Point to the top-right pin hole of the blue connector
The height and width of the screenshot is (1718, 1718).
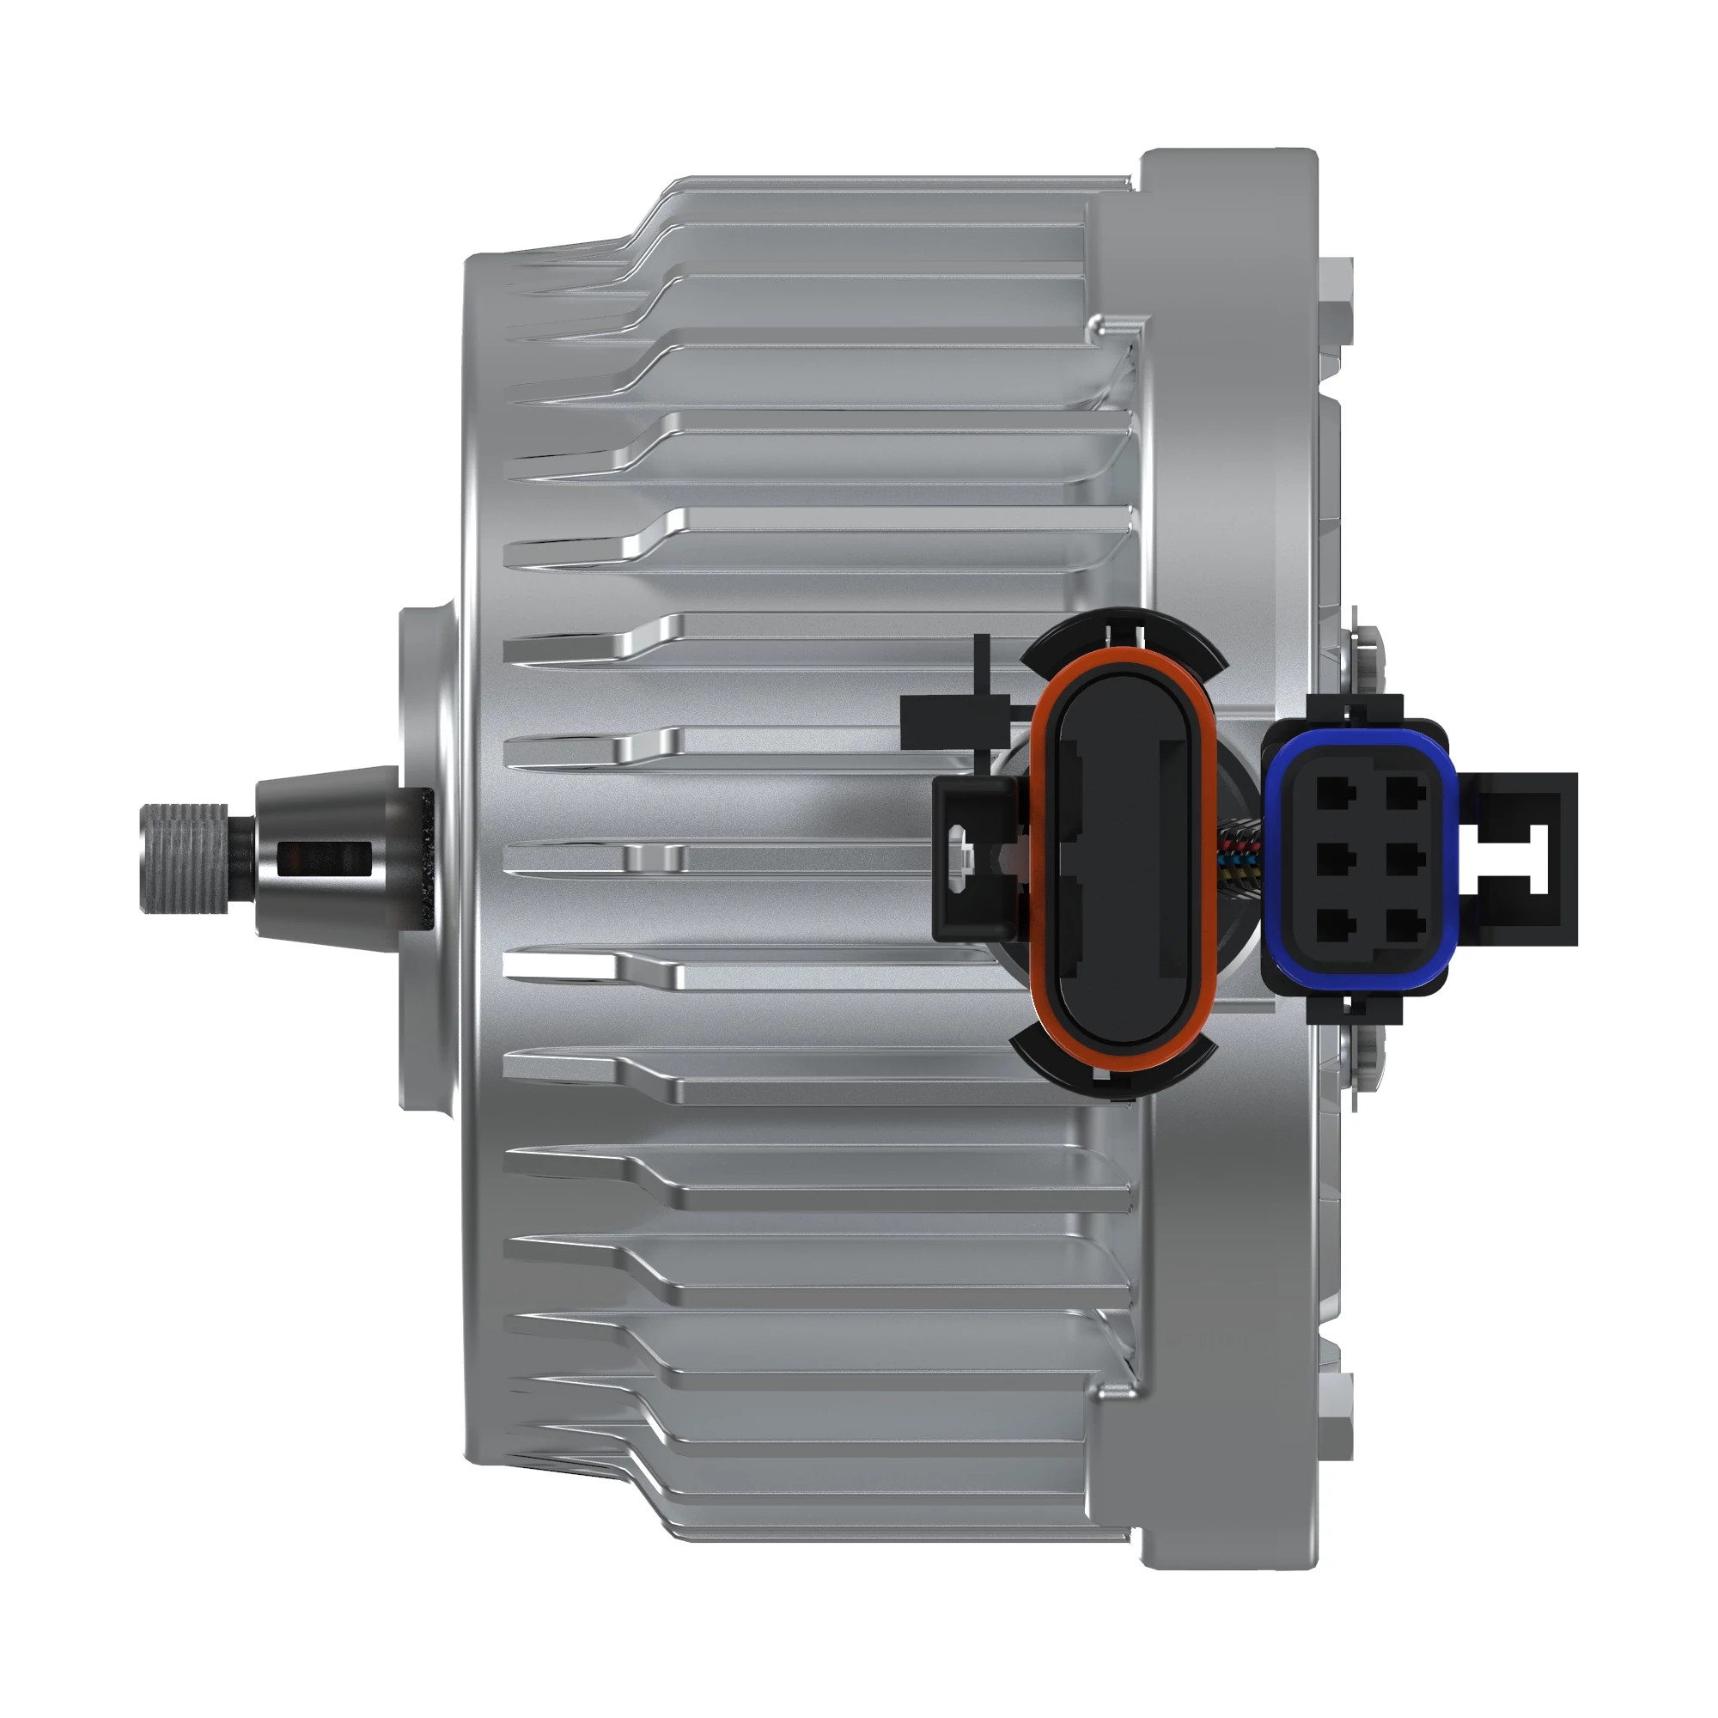tap(1406, 789)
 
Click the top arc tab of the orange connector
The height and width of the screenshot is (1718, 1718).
tap(1122, 633)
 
